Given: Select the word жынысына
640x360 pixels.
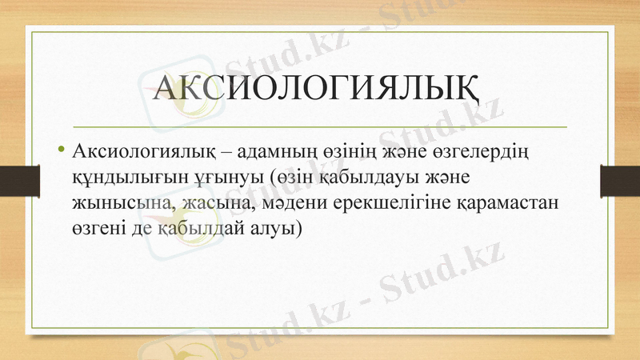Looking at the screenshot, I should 121,202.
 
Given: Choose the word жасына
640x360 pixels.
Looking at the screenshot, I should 214,202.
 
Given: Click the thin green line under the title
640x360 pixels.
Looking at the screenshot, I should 320,126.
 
